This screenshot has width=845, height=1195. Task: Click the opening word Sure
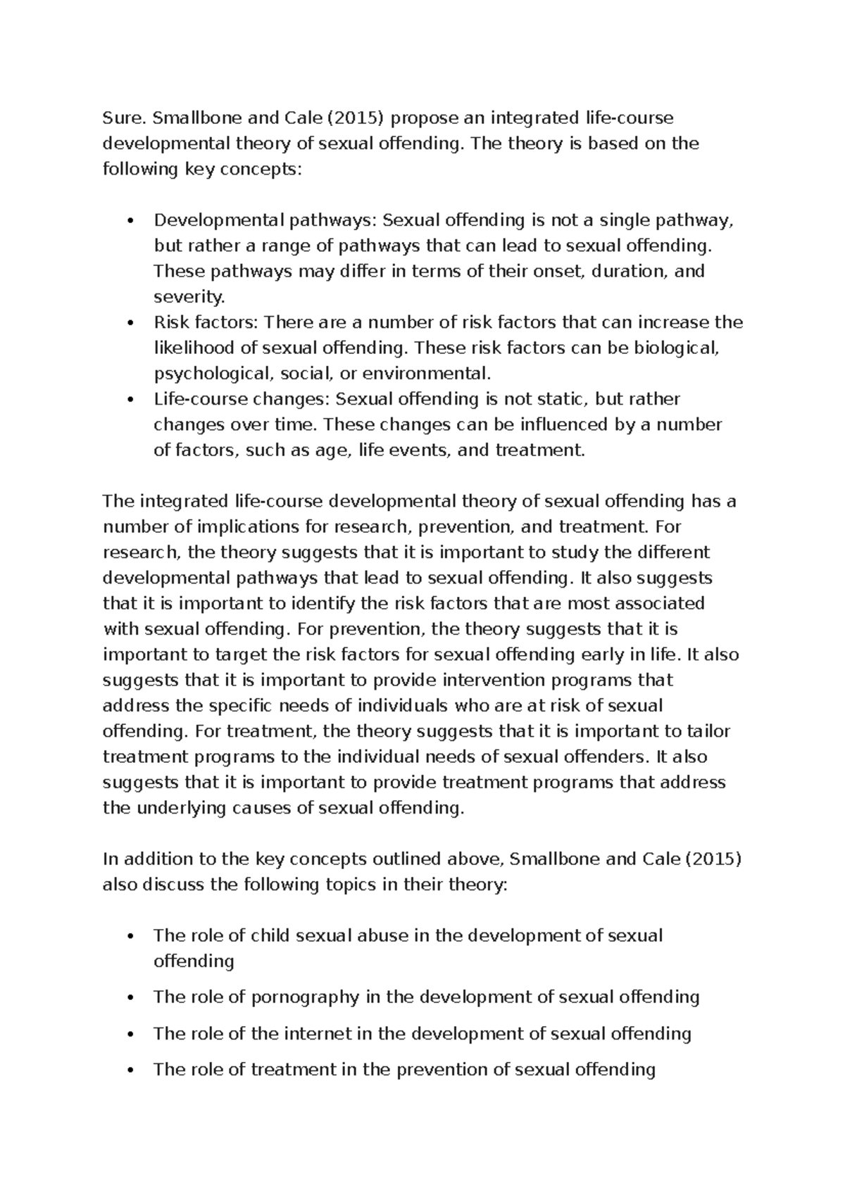(119, 118)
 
